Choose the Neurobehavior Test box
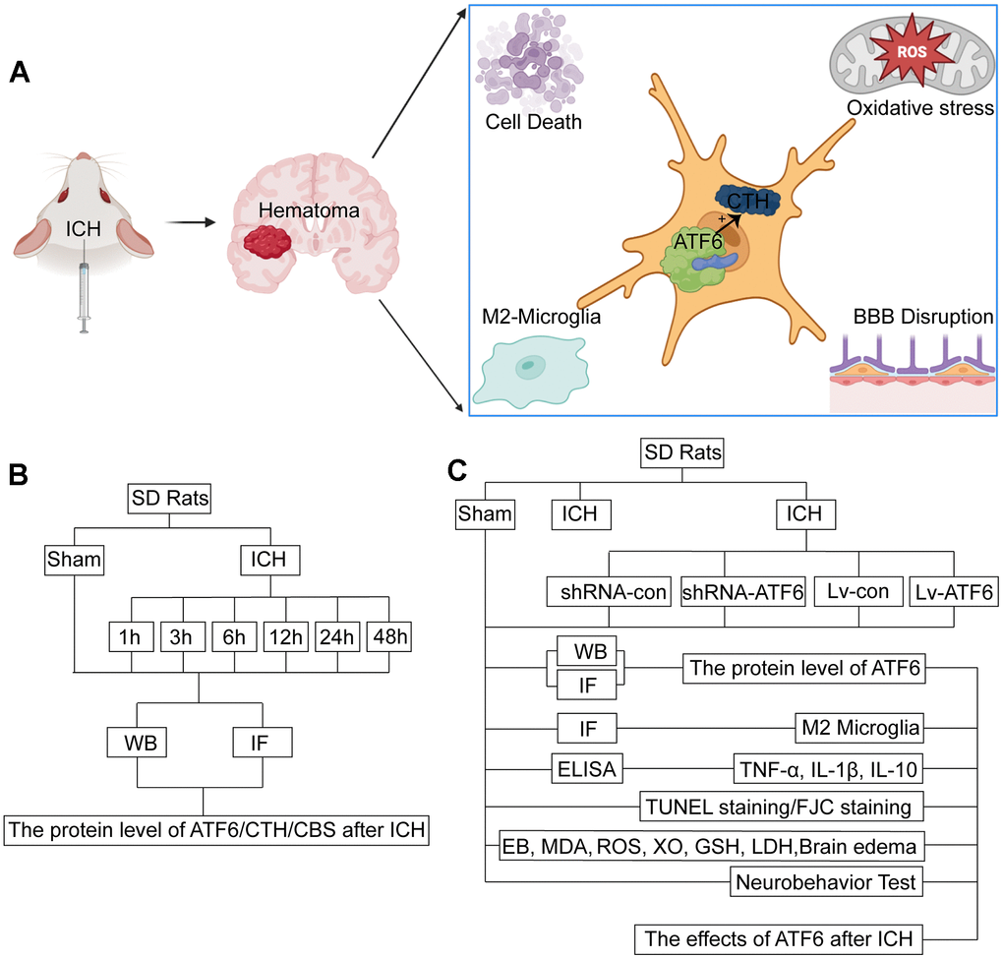coord(827,882)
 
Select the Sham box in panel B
coord(75,561)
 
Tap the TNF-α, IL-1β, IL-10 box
coord(827,767)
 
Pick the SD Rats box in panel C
coord(681,454)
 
